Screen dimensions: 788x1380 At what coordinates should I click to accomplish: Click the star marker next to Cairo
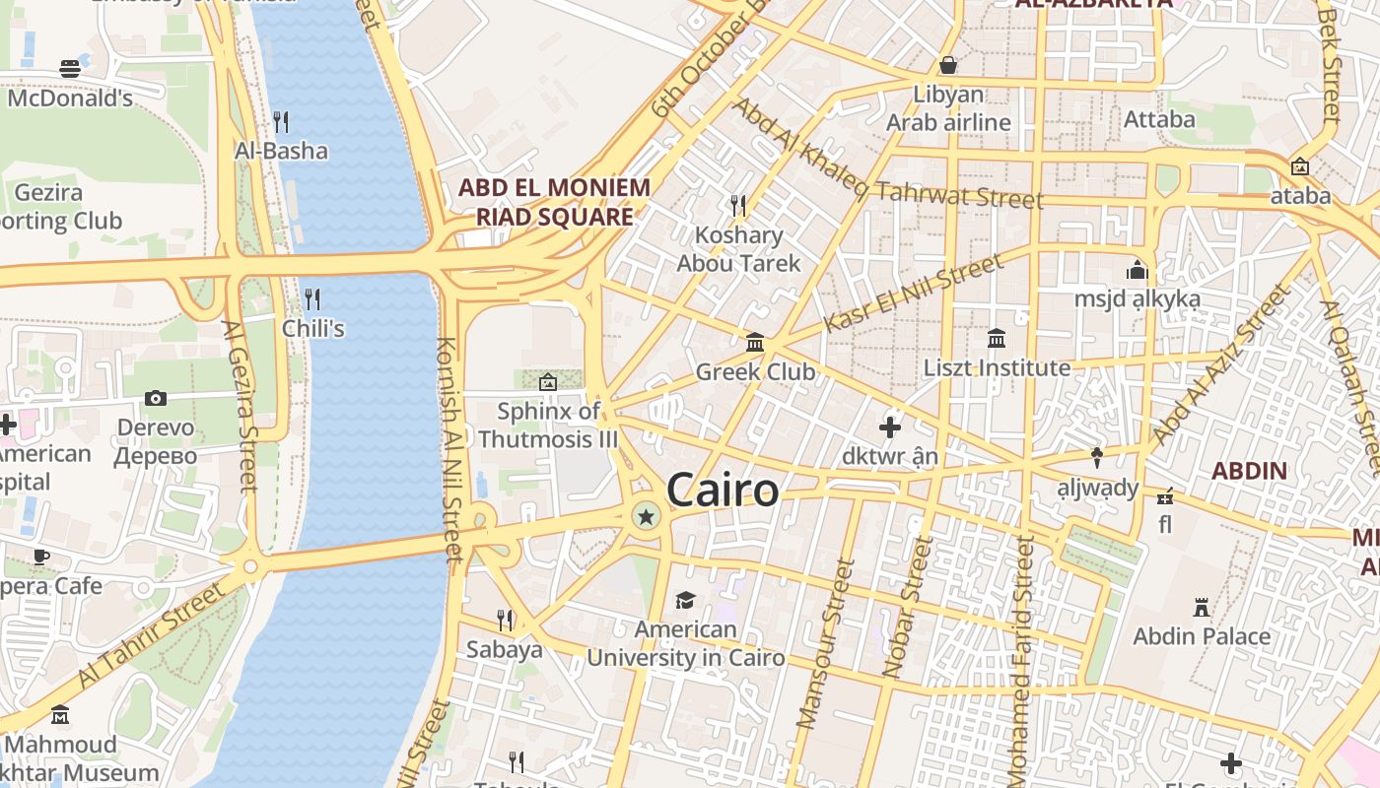pyautogui.click(x=646, y=516)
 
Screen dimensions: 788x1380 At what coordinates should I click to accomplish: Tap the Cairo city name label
pyautogui.click(x=723, y=490)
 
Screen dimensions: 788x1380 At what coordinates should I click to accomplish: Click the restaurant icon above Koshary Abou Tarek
pyautogui.click(x=737, y=205)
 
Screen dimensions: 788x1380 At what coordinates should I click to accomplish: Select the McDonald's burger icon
pyautogui.click(x=70, y=68)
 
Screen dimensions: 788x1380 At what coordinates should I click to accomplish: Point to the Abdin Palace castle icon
pyautogui.click(x=1201, y=606)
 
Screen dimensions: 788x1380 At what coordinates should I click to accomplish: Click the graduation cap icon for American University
pyautogui.click(x=685, y=600)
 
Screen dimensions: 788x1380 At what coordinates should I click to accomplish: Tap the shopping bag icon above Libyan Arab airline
pyautogui.click(x=948, y=65)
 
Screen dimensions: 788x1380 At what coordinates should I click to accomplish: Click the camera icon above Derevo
pyautogui.click(x=155, y=398)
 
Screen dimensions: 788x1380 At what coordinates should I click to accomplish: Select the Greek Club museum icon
pyautogui.click(x=755, y=342)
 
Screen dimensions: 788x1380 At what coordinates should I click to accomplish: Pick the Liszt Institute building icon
pyautogui.click(x=996, y=338)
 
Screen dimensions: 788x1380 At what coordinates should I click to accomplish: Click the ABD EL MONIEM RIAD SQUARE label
pyautogui.click(x=555, y=202)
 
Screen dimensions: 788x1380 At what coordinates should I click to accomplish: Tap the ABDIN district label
pyautogui.click(x=1249, y=471)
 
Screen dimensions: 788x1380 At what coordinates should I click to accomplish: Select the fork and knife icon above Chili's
pyautogui.click(x=311, y=298)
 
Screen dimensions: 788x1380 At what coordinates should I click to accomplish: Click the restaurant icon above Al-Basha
pyautogui.click(x=281, y=121)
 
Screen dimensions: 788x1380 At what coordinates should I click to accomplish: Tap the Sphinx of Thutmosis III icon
pyautogui.click(x=548, y=381)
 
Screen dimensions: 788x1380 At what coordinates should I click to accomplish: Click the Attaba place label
pyautogui.click(x=1159, y=120)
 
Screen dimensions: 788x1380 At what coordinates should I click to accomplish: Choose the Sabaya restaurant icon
pyautogui.click(x=505, y=620)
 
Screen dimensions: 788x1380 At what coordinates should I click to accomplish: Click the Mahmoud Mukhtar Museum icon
pyautogui.click(x=60, y=714)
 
